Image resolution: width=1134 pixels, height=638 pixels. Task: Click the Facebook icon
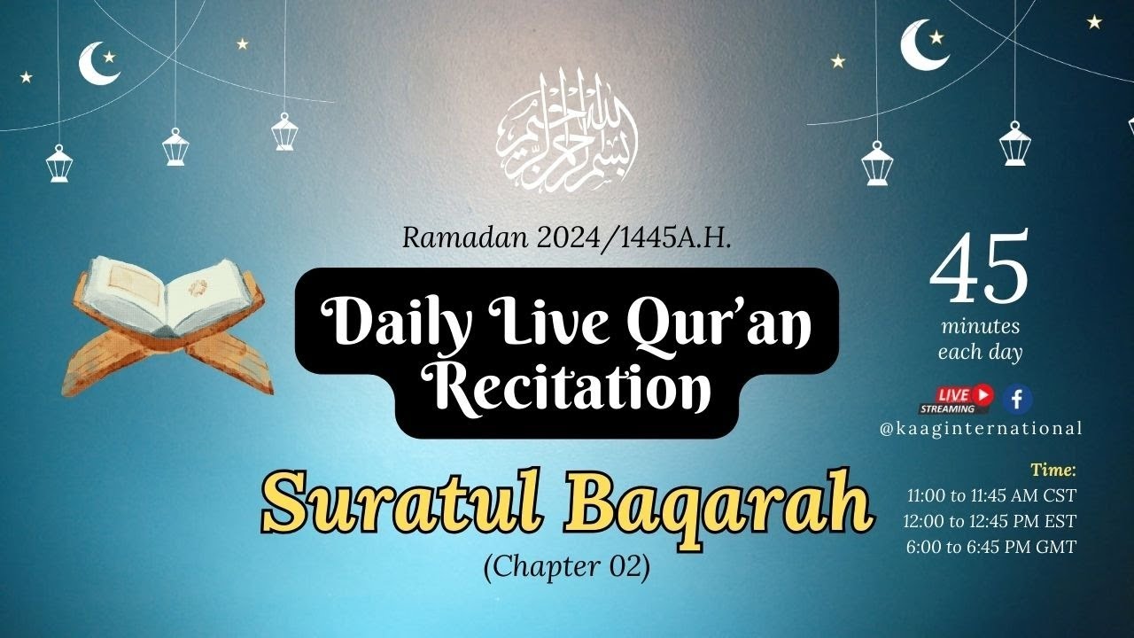click(x=1017, y=400)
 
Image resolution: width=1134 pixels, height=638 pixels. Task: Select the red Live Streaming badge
click(x=957, y=400)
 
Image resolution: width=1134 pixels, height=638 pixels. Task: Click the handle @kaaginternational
click(x=981, y=429)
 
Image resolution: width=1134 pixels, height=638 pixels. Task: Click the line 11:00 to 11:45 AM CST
click(x=991, y=496)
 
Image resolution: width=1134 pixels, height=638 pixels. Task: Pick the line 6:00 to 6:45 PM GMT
click(x=990, y=547)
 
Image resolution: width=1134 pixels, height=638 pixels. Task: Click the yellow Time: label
click(x=1052, y=470)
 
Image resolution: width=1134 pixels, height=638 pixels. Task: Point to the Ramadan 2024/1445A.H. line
click(x=567, y=237)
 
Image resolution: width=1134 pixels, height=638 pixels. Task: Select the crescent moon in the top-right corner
click(x=921, y=46)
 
